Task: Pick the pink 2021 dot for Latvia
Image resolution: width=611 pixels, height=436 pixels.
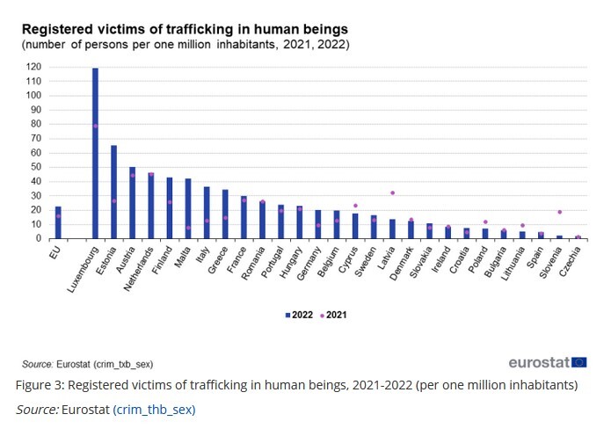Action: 392,193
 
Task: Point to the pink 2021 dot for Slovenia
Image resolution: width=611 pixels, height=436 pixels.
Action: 559,212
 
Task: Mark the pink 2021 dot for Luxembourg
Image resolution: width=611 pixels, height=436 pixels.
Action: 95,126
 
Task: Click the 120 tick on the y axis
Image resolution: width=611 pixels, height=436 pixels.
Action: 35,67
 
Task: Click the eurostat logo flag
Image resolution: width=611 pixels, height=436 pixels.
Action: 579,362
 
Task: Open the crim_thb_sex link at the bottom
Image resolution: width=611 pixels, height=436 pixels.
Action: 154,409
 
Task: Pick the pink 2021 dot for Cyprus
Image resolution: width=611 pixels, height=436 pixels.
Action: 355,206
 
